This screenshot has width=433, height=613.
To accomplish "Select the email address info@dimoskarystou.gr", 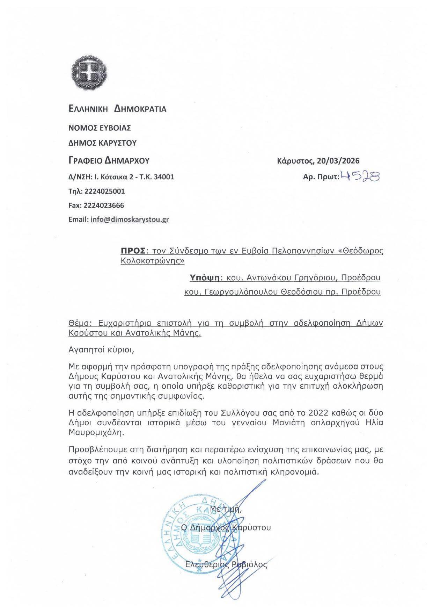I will click(x=130, y=220).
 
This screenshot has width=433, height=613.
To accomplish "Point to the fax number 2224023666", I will click(x=104, y=205).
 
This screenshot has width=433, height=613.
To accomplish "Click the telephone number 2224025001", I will click(x=104, y=191).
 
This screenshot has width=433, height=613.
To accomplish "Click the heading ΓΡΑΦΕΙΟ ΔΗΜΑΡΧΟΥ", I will click(x=109, y=161).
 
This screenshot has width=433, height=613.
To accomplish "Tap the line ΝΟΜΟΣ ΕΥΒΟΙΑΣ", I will click(x=100, y=128).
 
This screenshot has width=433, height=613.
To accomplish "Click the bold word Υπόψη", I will click(x=204, y=277).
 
